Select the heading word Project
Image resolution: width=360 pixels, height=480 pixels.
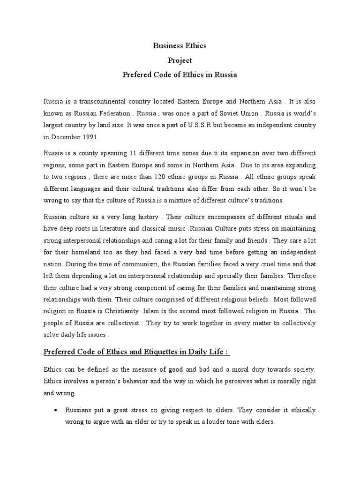click(x=180, y=60)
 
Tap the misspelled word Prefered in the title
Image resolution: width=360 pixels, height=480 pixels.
click(x=138, y=75)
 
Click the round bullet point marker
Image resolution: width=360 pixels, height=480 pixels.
click(x=56, y=410)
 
